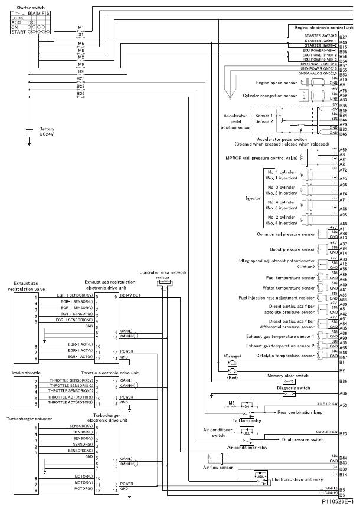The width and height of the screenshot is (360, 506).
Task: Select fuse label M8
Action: (x=81, y=51)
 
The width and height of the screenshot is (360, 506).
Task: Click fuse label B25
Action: (x=81, y=78)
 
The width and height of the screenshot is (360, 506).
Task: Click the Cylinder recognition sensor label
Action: (x=269, y=95)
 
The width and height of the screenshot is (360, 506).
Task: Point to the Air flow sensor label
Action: (x=215, y=467)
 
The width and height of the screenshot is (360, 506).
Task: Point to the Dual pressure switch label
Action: (x=303, y=440)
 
